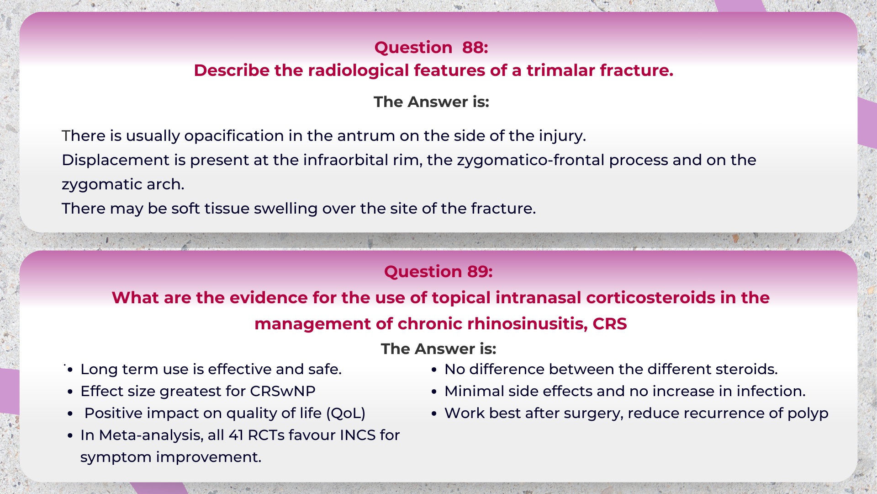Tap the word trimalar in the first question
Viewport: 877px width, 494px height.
(560, 70)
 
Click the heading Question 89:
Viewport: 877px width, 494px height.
(438, 272)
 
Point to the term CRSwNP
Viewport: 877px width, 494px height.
(283, 392)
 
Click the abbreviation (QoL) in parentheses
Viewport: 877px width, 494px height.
(346, 413)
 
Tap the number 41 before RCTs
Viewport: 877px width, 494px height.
(236, 435)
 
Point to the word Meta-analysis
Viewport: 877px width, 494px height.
(151, 435)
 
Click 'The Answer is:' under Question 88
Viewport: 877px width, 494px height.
(431, 102)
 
